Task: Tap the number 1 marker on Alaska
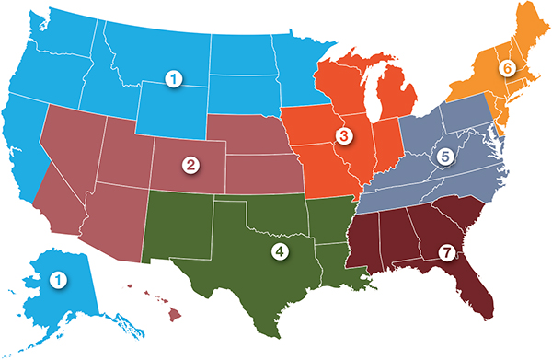[x=58, y=277]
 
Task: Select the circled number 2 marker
[x=191, y=166]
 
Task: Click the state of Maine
[x=528, y=32]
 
